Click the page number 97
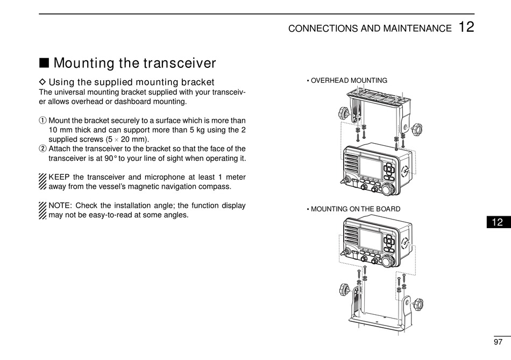pos(498,342)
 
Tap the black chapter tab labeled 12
pos(498,222)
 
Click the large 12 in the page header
pos(466,27)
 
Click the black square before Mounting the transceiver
pos(45,63)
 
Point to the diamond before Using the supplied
pos(43,82)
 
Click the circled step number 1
pos(44,121)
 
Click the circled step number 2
pos(44,149)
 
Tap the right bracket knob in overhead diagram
pos(416,129)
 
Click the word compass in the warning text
pos(218,187)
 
